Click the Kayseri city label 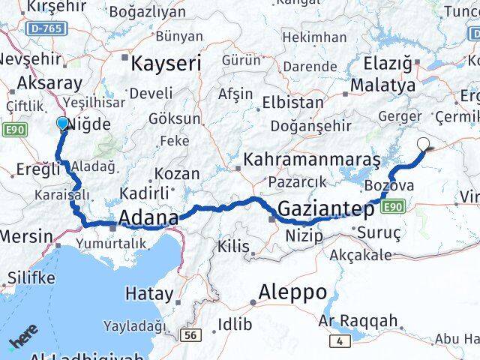(x=166, y=64)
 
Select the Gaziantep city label (x=325, y=209)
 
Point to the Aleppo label (x=292, y=292)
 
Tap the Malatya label (x=382, y=85)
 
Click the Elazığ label (x=387, y=64)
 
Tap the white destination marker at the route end (x=424, y=145)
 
